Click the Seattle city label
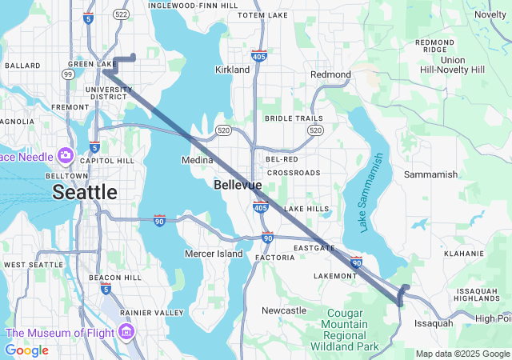(x=84, y=192)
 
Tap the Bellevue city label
(x=238, y=185)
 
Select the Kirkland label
(x=232, y=70)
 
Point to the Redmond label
(x=330, y=74)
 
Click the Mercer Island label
(x=214, y=254)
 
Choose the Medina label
(x=198, y=160)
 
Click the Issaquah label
(x=433, y=323)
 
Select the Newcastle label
(x=284, y=310)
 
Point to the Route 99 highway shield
(x=69, y=74)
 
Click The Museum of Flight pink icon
(x=126, y=331)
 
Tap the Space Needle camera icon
(x=65, y=154)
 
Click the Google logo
(x=26, y=350)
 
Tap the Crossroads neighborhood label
(x=294, y=172)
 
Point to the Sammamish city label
(x=430, y=174)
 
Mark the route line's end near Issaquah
(x=400, y=302)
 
